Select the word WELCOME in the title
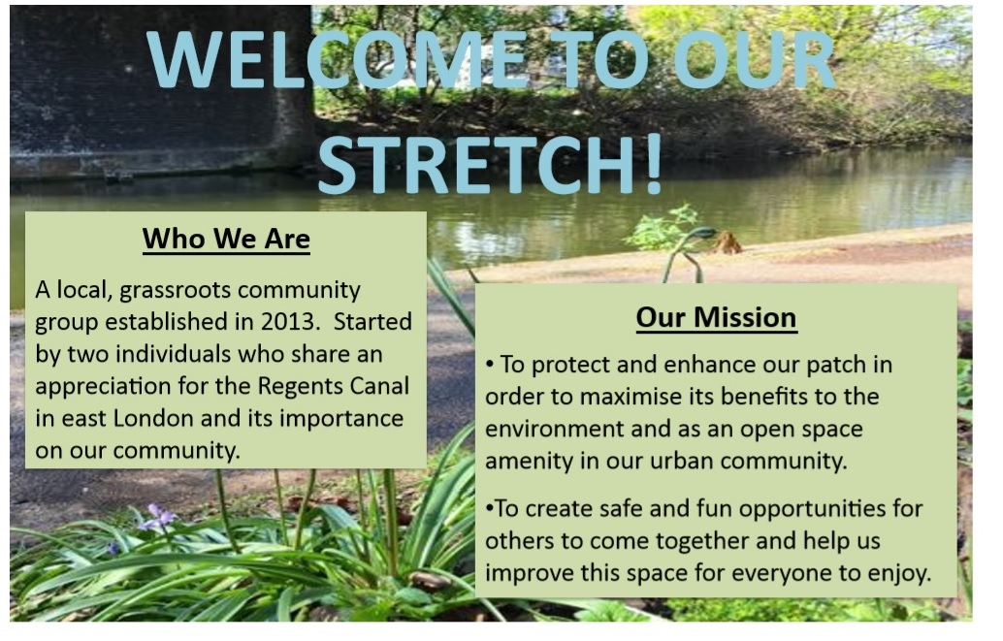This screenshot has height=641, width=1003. (337, 59)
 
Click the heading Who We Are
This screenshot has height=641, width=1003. (226, 239)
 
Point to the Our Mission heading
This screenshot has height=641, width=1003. (717, 317)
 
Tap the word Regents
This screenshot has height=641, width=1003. (301, 387)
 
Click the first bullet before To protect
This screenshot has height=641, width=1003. (489, 365)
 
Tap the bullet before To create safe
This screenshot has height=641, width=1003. (489, 508)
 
